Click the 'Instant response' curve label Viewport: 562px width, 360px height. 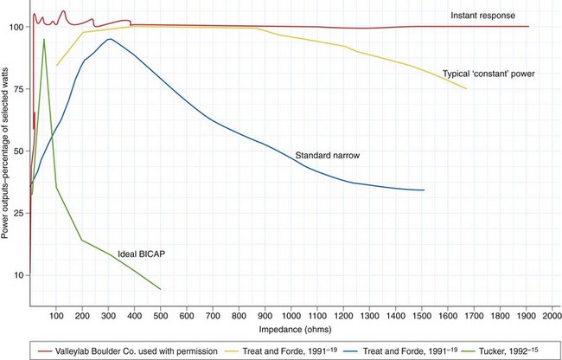click(482, 16)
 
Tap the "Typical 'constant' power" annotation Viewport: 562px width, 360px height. click(489, 74)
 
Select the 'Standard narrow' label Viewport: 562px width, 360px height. click(327, 156)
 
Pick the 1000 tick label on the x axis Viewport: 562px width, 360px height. click(291, 313)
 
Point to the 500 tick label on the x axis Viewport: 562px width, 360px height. click(160, 313)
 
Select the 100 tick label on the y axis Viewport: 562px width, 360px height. click(16, 27)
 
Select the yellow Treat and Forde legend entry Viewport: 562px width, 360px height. click(282, 350)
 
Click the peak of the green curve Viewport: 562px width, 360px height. click(44, 39)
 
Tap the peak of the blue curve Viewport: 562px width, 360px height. click(109, 39)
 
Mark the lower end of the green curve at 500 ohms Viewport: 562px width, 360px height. click(160, 288)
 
